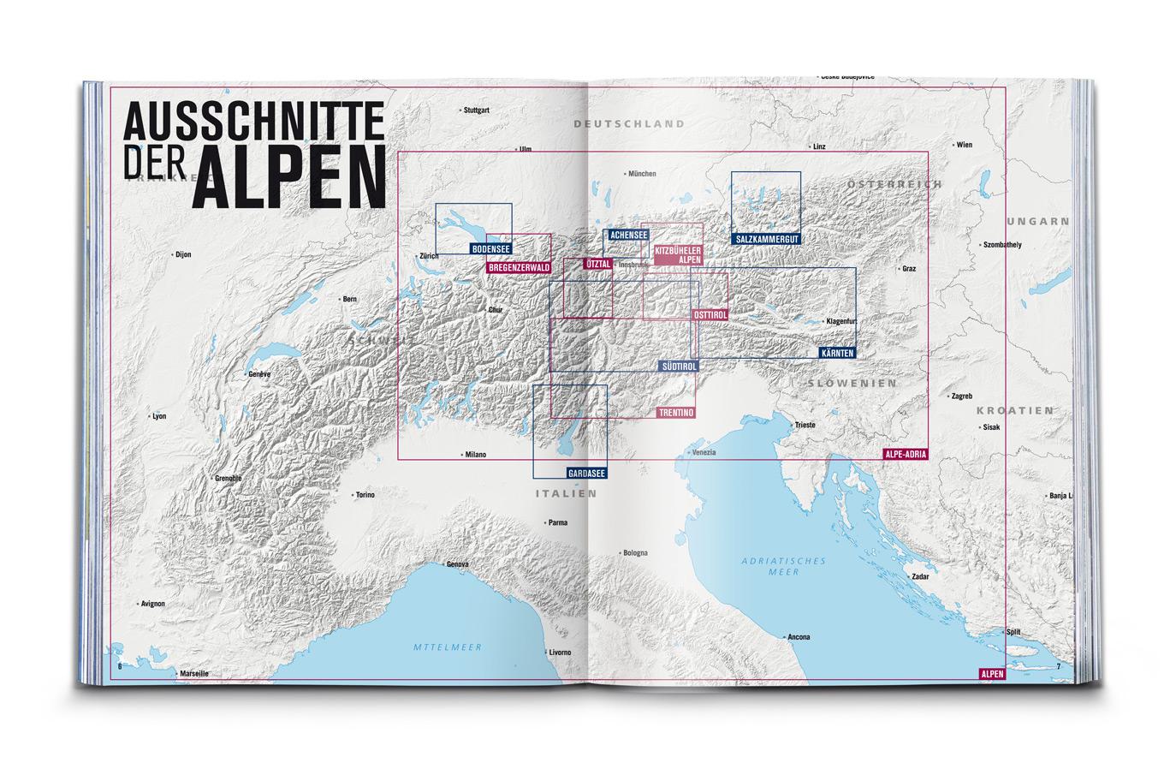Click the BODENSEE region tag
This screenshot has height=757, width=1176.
490,249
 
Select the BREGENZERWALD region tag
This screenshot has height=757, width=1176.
518,268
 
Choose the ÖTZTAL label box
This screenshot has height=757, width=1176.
597,265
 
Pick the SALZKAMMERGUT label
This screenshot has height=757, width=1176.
766,240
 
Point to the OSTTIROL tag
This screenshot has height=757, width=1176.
710,315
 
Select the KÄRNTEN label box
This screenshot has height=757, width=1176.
835,352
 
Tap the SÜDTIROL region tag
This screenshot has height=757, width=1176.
679,366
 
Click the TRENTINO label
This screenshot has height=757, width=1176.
676,413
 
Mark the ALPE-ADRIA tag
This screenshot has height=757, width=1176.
906,456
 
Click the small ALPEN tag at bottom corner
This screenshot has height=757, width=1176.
989,674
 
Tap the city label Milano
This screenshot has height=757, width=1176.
474,455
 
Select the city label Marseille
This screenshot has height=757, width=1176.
193,674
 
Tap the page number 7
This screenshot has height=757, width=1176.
1058,666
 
